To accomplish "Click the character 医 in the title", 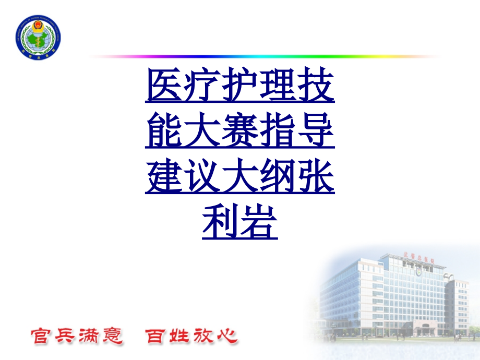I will tap(164, 87).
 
